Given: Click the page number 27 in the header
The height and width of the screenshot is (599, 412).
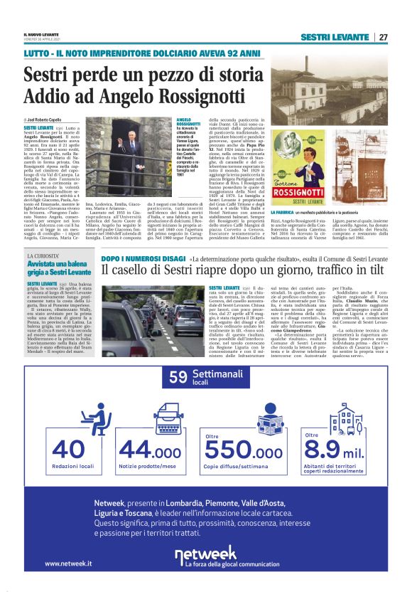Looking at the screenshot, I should click(383, 37).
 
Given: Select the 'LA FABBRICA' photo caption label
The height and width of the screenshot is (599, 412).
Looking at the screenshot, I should click(285, 212).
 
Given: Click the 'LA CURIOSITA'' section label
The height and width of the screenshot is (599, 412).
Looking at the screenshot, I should click(45, 255).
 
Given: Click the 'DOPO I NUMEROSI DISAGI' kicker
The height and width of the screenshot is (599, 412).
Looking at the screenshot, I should click(142, 258).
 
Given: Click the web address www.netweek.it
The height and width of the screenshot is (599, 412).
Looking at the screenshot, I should click(67, 563).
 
